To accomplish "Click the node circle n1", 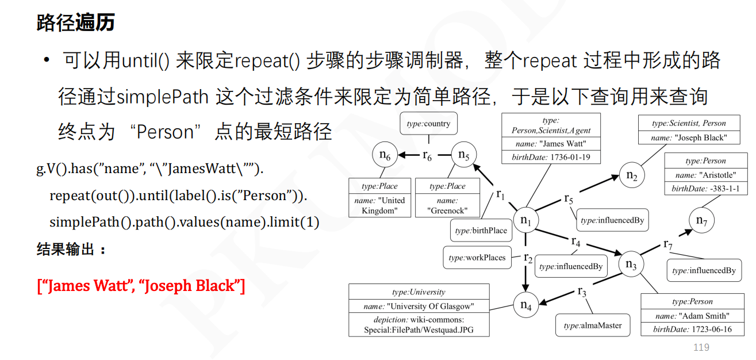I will pyautogui.click(x=525, y=220).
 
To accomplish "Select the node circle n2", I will pyautogui.click(x=631, y=176).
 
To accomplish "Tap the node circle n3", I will pyautogui.click(x=631, y=265).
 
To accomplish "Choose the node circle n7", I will pyautogui.click(x=701, y=220).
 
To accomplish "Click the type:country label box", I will pyautogui.click(x=428, y=124).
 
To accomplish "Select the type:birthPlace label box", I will pyautogui.click(x=481, y=231).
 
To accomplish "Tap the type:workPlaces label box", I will pyautogui.click(x=477, y=258).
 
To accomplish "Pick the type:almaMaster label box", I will pyautogui.click(x=593, y=325).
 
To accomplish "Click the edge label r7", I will pyautogui.click(x=667, y=244).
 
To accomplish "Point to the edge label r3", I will pyautogui.click(x=582, y=292).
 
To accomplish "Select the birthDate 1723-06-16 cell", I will pyautogui.click(x=692, y=330).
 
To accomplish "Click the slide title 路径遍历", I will pyautogui.click(x=75, y=23).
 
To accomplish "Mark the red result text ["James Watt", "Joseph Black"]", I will pyautogui.click(x=141, y=285).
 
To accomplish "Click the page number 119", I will pyautogui.click(x=701, y=347).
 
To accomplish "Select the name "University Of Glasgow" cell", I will pyautogui.click(x=419, y=307).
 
